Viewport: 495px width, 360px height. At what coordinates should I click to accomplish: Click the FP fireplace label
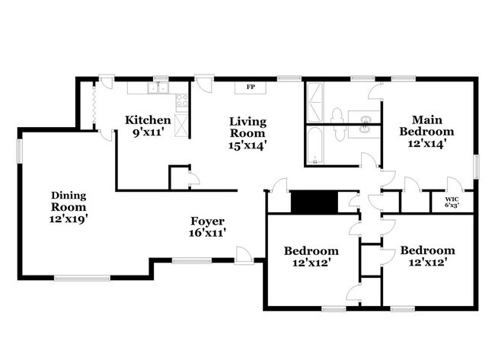click(x=251, y=87)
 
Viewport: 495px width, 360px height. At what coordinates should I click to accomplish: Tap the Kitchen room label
click(x=148, y=119)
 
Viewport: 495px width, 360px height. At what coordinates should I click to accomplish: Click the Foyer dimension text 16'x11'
click(x=209, y=234)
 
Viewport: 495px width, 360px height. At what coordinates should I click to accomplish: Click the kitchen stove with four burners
click(x=181, y=102)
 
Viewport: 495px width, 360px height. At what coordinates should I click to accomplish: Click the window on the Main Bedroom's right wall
click(x=477, y=167)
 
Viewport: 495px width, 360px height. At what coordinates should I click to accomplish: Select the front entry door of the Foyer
click(x=244, y=257)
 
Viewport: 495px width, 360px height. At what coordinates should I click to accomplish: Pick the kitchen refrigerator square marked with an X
click(x=182, y=126)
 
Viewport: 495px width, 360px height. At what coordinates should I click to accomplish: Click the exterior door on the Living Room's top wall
click(x=204, y=82)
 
